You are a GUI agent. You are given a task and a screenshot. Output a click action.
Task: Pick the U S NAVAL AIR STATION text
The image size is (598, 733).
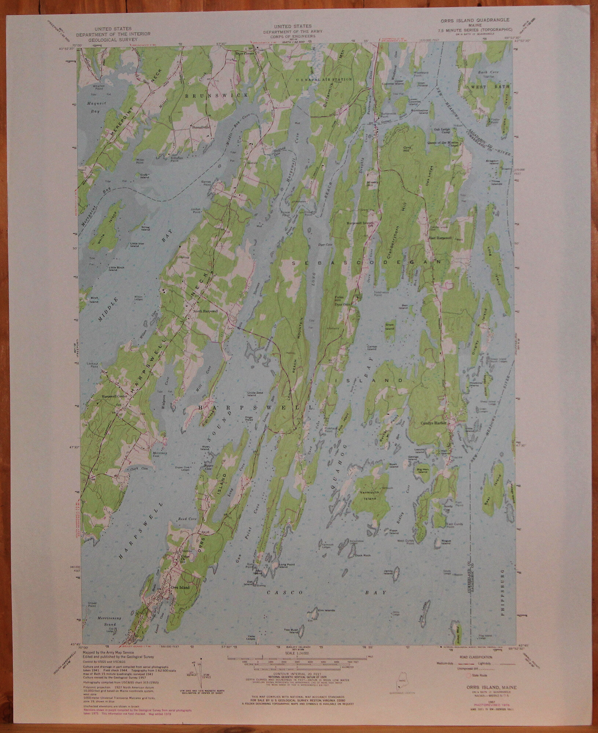pos(324,79)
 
